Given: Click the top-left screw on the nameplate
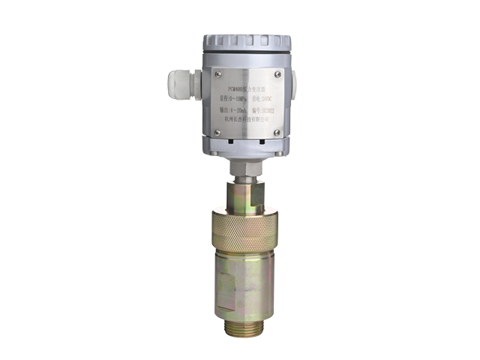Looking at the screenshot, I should [x=217, y=73].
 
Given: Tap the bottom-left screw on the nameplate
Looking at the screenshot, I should [x=217, y=133].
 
